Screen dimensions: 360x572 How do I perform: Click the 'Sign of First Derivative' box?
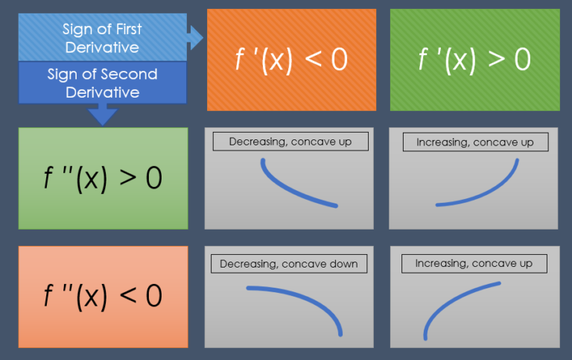click(x=102, y=37)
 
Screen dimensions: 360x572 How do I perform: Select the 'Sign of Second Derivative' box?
click(x=102, y=83)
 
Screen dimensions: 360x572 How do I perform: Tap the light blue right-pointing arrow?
click(x=195, y=37)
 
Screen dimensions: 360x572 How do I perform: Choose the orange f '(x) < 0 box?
click(x=291, y=60)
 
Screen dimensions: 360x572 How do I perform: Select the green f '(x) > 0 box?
click(x=474, y=60)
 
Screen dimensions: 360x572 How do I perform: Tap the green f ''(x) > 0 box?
click(x=103, y=178)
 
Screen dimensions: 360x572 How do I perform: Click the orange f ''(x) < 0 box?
click(x=103, y=296)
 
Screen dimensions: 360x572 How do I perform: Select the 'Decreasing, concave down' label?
click(x=289, y=263)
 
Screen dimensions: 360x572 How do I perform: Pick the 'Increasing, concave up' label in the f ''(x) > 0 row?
click(x=474, y=142)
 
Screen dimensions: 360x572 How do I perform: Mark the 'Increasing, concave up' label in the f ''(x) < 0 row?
click(x=474, y=263)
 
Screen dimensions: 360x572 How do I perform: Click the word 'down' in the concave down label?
click(x=343, y=263)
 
